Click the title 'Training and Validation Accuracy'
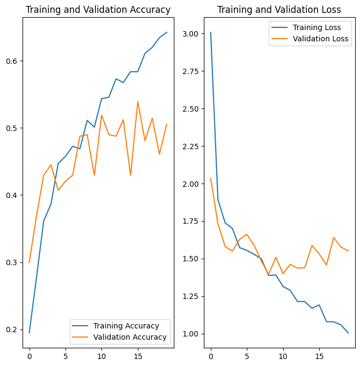click(98, 10)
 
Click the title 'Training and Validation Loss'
click(279, 10)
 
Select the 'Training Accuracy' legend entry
click(126, 326)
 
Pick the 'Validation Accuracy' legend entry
click(130, 338)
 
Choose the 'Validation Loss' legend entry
click(320, 39)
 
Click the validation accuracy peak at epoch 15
click(137, 101)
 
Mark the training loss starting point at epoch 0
click(210, 32)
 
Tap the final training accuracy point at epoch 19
click(167, 32)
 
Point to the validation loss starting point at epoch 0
click(210, 178)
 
